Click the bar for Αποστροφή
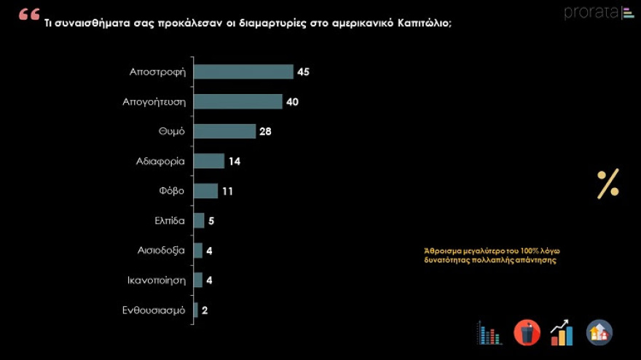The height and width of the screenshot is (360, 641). coord(243,71)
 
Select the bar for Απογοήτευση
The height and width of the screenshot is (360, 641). coord(238,101)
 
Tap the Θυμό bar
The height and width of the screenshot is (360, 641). coord(225,131)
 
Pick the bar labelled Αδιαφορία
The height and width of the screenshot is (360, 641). coord(209,161)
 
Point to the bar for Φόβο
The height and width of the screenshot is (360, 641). coord(206,191)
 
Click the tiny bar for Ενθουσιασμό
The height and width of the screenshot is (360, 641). coord(196,310)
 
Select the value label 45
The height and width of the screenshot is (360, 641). coord(304,71)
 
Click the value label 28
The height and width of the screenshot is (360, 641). coord(267,131)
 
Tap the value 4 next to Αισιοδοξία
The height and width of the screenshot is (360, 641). coord(209,251)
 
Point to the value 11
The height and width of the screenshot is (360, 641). coord(228,191)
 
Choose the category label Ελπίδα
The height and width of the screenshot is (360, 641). coord(168,221)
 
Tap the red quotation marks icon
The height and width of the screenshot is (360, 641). coord(29,15)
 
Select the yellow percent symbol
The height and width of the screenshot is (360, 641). coord(607,184)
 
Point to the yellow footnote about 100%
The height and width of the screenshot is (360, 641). coord(491,255)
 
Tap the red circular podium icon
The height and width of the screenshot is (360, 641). coord(527,332)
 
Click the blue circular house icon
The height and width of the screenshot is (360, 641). coord(599,332)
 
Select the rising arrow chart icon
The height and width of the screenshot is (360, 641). coord(562,333)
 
